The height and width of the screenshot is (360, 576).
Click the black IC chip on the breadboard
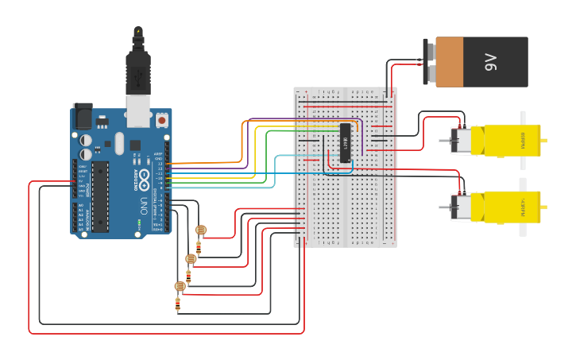click(x=346, y=144)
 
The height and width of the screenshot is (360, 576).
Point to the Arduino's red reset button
click(x=162, y=120)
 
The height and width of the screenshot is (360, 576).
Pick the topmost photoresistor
click(x=201, y=230)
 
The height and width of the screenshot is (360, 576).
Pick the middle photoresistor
click(x=191, y=258)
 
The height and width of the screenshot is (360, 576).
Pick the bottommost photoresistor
click(x=180, y=286)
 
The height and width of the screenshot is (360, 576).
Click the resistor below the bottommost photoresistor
click(x=178, y=304)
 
